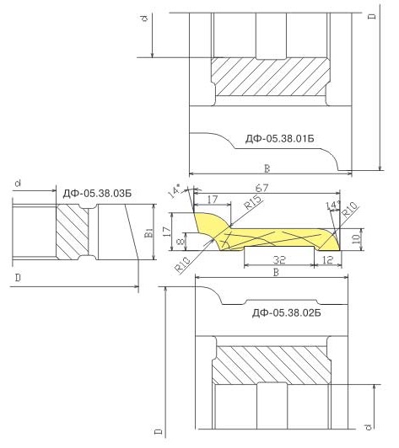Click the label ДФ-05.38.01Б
click(x=279, y=139)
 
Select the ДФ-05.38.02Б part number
click(x=286, y=313)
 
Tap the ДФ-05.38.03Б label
click(x=97, y=194)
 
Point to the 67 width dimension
click(x=262, y=188)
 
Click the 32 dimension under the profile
click(x=279, y=259)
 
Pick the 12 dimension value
click(x=327, y=259)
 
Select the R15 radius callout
click(x=253, y=202)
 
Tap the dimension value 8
click(x=181, y=242)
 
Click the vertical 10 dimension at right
click(x=356, y=239)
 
